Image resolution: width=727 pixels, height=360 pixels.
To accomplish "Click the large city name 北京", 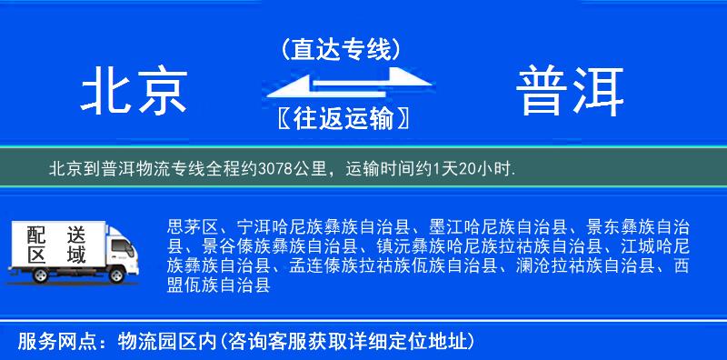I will [134, 92].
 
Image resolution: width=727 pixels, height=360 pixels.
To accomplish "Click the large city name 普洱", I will [572, 92].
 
